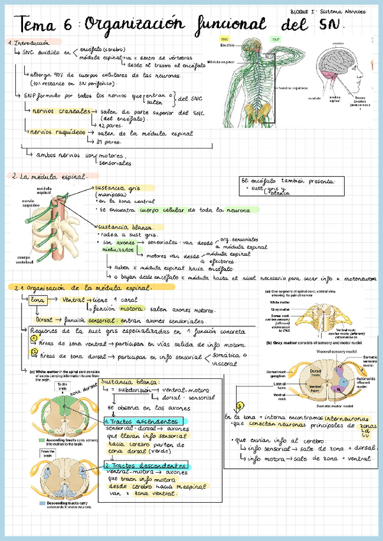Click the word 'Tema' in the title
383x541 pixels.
click(x=38, y=26)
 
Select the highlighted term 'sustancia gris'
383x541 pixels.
click(x=116, y=188)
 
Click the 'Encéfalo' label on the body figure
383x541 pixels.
click(x=227, y=46)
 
